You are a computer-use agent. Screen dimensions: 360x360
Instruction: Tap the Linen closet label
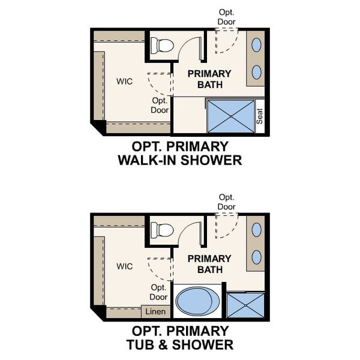pyautogui.click(x=155, y=311)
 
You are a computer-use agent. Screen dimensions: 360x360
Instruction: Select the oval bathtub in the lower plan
pyautogui.click(x=197, y=301)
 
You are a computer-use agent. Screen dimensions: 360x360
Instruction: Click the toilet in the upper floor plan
pyautogui.click(x=162, y=44)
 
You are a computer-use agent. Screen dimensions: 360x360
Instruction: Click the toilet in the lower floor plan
pyautogui.click(x=162, y=230)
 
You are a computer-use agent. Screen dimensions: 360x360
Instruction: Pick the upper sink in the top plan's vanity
pyautogui.click(x=256, y=45)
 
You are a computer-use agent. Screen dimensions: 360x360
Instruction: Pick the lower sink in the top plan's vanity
pyautogui.click(x=256, y=72)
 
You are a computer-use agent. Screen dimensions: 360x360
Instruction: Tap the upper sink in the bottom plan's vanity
pyautogui.click(x=256, y=230)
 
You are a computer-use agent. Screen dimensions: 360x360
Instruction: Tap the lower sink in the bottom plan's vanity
pyautogui.click(x=256, y=257)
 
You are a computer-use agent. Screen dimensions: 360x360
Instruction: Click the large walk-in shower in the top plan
pyautogui.click(x=231, y=116)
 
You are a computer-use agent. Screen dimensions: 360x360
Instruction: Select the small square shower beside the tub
pyautogui.click(x=245, y=305)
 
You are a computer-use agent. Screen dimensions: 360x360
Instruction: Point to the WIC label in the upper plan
pyautogui.click(x=125, y=81)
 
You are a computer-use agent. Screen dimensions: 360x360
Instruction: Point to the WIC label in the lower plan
pyautogui.click(x=125, y=266)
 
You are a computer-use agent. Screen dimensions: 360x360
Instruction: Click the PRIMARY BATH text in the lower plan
pyautogui.click(x=209, y=264)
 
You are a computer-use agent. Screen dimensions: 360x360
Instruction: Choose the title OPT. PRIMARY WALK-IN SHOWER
pyautogui.click(x=180, y=153)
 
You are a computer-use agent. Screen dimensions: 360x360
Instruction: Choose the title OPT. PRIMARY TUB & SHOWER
pyautogui.click(x=180, y=338)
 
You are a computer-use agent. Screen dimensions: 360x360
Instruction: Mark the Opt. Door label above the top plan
pyautogui.click(x=226, y=17)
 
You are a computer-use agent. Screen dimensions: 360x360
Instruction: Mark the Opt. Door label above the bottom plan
pyautogui.click(x=226, y=202)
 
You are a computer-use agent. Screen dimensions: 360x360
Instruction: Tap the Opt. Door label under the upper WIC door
pyautogui.click(x=160, y=106)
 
